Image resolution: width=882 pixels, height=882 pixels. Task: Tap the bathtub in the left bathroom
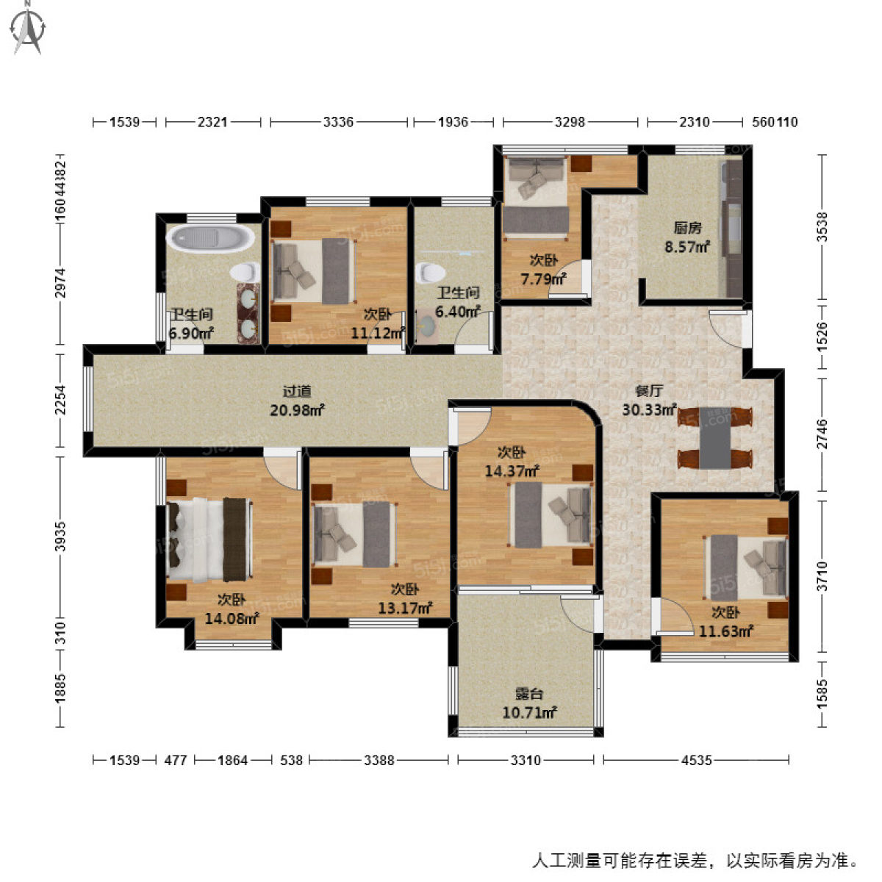210,239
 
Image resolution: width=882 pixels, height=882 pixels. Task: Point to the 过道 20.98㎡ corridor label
297,401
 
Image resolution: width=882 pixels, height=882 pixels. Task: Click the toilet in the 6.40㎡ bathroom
426,274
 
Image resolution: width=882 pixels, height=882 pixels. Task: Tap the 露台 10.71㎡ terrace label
528,703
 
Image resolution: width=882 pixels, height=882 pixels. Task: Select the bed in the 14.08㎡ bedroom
210,539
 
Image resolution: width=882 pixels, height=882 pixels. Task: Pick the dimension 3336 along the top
339,122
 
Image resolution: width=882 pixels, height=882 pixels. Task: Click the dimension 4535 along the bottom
695,760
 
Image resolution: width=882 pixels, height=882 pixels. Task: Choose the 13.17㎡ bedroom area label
404,599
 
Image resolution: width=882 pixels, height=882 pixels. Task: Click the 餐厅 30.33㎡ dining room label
648,401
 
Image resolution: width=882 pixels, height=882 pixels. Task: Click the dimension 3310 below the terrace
526,760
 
